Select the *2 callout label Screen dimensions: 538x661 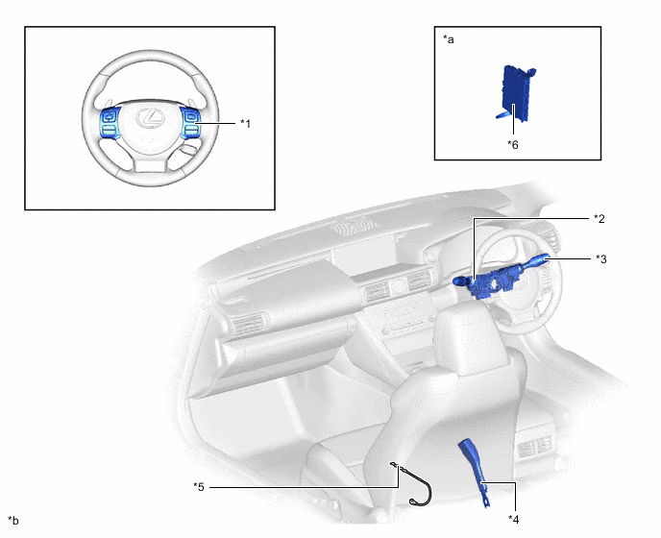click(x=600, y=219)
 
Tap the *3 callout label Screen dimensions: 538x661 click(x=600, y=258)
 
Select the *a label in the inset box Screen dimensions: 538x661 click(x=449, y=40)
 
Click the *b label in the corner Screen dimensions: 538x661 click(x=12, y=521)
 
